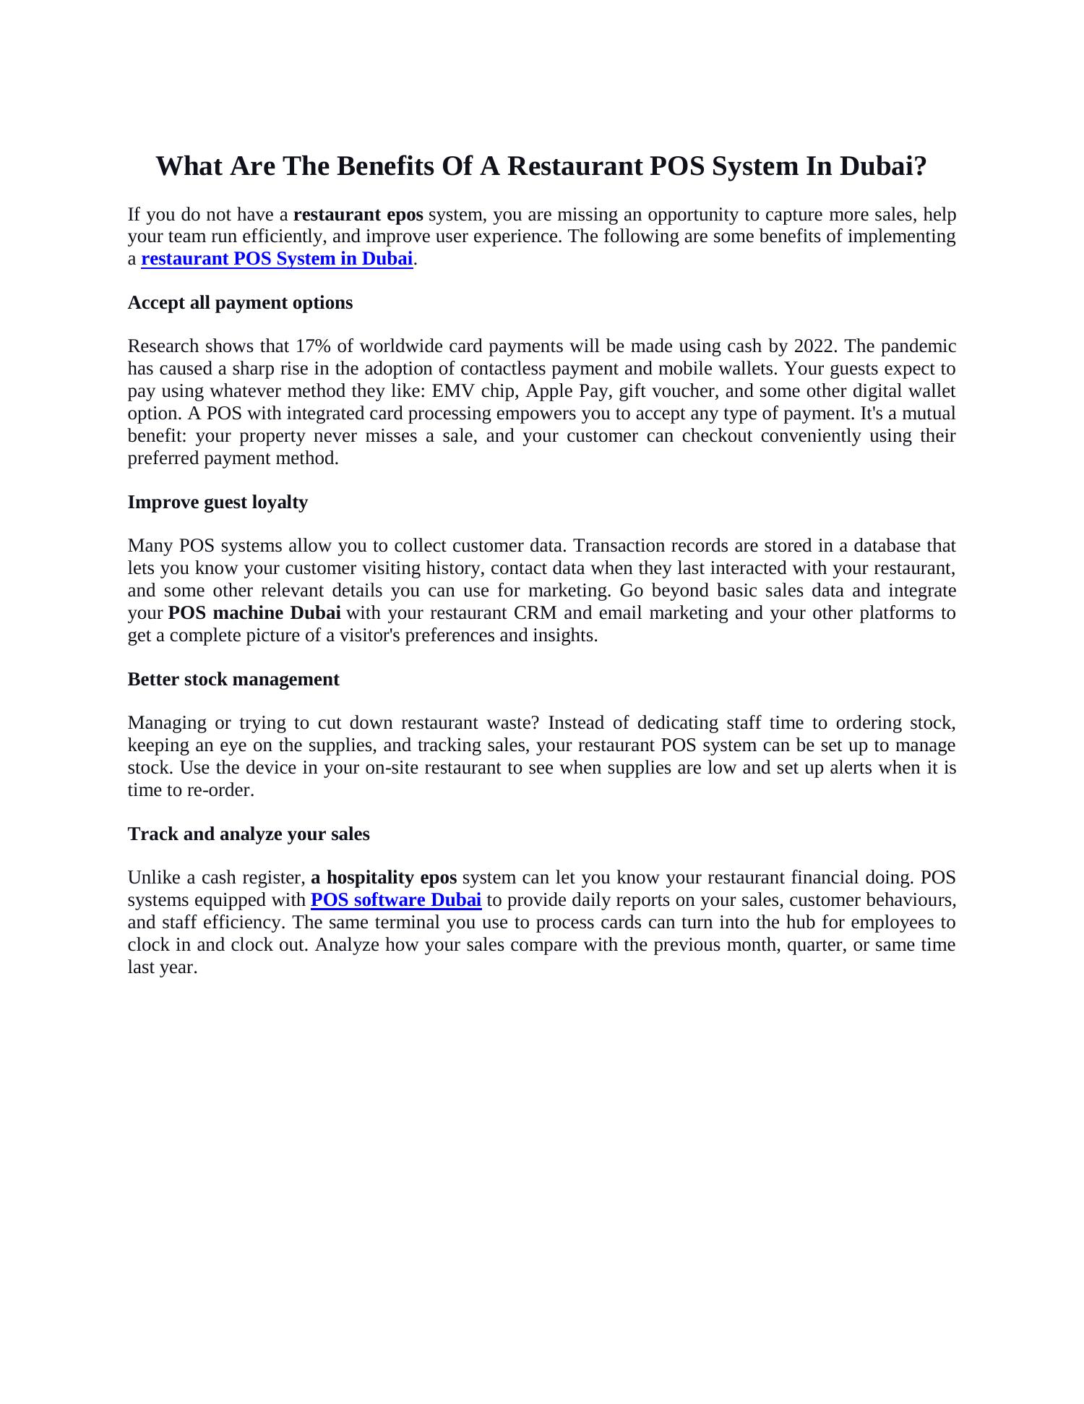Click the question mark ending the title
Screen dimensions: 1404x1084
[x=919, y=166]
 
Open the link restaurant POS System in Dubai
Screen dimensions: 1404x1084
[x=277, y=259]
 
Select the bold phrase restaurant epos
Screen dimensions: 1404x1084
[x=358, y=215]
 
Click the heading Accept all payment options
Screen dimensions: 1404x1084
[x=240, y=302]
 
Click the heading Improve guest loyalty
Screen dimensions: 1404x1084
[x=218, y=502]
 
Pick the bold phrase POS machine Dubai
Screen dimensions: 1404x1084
[x=254, y=613]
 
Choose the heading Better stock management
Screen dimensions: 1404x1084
[x=233, y=679]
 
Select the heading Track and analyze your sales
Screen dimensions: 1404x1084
[x=249, y=834]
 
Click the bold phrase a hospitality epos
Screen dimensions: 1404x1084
[x=384, y=878]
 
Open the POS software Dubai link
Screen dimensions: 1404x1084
[x=396, y=900]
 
